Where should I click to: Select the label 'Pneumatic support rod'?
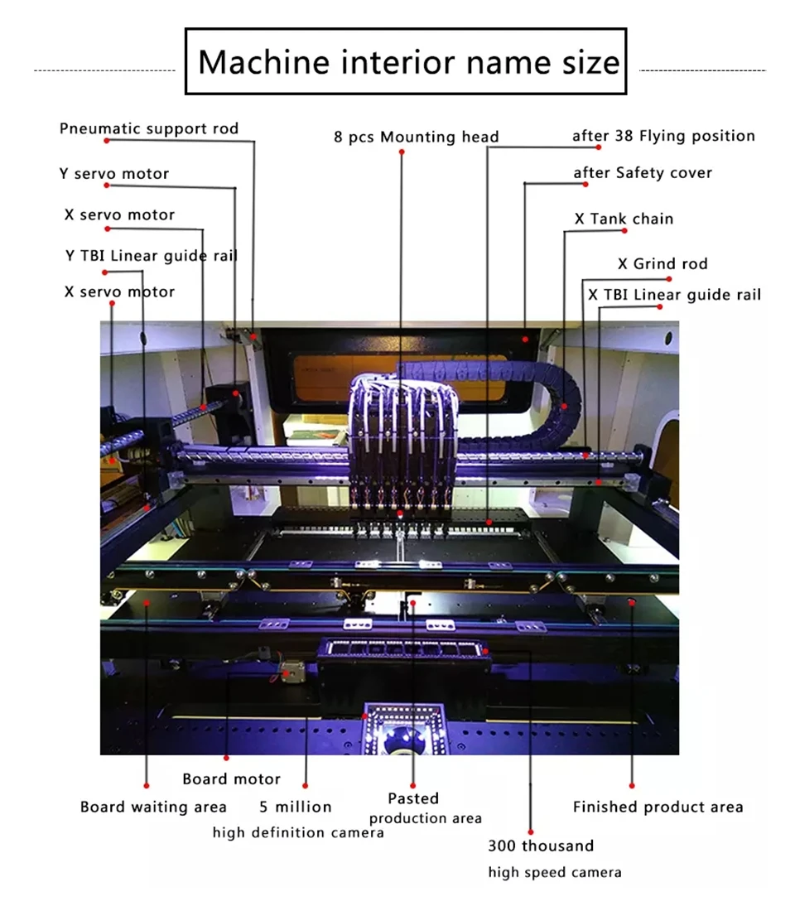click(149, 128)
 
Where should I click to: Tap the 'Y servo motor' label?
click(113, 174)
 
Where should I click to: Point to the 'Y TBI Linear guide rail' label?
click(152, 255)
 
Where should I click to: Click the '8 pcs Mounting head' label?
click(416, 137)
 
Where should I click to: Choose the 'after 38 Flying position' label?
click(663, 136)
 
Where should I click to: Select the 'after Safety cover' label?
click(643, 173)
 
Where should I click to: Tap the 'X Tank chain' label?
click(624, 219)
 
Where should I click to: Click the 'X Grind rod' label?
click(662, 264)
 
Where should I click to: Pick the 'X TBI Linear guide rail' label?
click(674, 295)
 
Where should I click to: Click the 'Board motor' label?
click(231, 778)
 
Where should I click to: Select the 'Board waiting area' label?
click(153, 807)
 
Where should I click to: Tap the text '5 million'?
click(295, 807)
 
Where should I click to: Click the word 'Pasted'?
click(413, 798)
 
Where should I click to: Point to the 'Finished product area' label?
click(658, 807)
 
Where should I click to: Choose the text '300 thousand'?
click(540, 846)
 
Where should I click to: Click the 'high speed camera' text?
click(554, 872)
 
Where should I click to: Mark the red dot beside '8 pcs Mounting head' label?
click(402, 152)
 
